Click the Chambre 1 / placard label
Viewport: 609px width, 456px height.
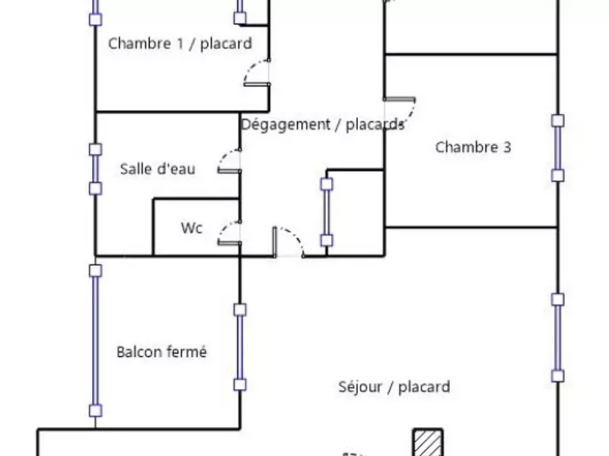click(180, 43)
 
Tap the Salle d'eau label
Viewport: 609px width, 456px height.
click(158, 169)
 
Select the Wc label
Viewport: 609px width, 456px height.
click(192, 228)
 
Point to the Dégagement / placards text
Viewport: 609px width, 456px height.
click(323, 125)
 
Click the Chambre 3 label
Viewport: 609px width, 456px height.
click(473, 147)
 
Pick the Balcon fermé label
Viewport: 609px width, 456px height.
click(161, 352)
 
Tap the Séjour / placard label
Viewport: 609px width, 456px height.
click(394, 387)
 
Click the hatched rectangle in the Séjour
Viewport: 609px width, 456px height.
click(428, 442)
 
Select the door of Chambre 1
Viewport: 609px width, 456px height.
click(257, 74)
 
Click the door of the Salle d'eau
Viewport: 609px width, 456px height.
click(230, 162)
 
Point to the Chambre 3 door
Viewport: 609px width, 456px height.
click(400, 110)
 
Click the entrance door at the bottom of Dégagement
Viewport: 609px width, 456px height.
click(287, 242)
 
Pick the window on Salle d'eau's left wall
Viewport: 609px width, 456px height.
click(95, 169)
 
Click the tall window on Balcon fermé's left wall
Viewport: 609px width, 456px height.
click(95, 340)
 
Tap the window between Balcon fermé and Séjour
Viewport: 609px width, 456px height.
click(240, 347)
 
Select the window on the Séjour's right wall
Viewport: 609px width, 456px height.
click(558, 337)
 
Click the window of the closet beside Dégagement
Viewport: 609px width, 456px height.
click(327, 212)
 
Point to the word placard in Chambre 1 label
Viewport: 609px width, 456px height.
click(226, 43)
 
